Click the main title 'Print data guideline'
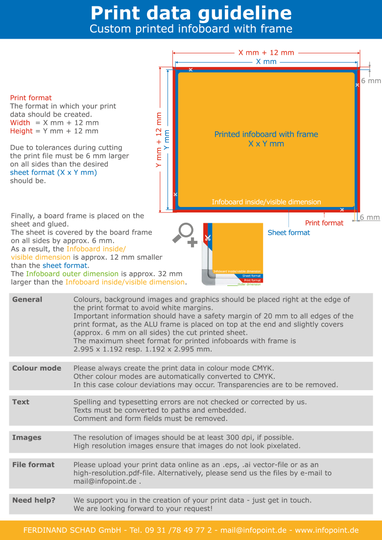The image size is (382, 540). coord(191,13)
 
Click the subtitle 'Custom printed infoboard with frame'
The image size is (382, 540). coord(191,29)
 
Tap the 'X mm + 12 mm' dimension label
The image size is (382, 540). coord(266,52)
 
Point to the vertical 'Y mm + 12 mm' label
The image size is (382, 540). coord(159,140)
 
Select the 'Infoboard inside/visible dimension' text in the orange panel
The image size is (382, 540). coord(266,202)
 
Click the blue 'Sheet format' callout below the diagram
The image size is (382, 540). coord(288,233)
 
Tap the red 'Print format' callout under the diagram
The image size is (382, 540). coord(324,223)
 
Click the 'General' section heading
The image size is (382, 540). coord(27,299)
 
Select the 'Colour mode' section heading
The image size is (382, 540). coord(37,368)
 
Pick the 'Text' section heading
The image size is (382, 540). coord(21,402)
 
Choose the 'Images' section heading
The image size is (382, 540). coord(26,438)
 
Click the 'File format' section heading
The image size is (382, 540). coord(33,465)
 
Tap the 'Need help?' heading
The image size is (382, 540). coord(33,500)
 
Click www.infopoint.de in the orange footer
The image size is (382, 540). coord(327,530)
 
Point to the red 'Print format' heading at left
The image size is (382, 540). coord(31,98)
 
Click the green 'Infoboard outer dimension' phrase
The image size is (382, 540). coord(72,274)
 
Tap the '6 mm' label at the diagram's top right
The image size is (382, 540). coord(370,81)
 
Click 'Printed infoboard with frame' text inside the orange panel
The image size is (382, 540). coord(266,134)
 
